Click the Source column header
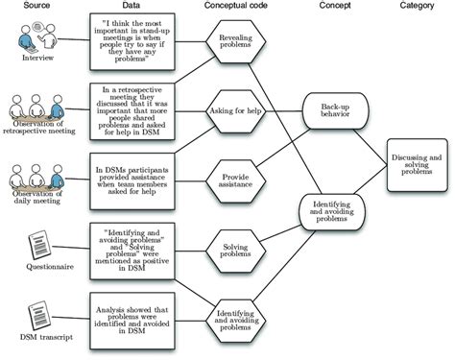point(34,7)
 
